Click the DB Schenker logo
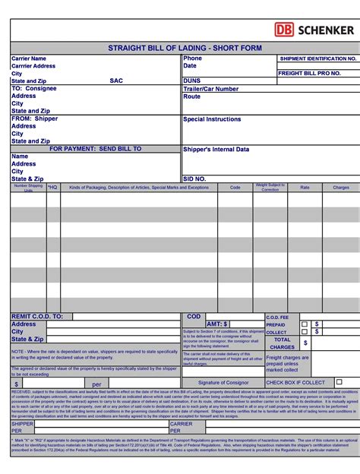pos(314,30)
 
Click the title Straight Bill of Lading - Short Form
pos(185,49)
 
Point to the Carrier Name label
pos(29,58)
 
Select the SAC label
pos(115,81)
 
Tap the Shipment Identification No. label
pos(317,58)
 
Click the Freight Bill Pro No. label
pos(309,73)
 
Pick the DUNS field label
pos(191,81)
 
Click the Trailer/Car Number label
pos(210,89)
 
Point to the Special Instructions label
pos(212,119)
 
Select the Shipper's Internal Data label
pos(216,150)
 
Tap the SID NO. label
pos(194,179)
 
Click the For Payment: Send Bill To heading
pos(96,149)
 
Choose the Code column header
pos(235,187)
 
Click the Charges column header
pos(341,187)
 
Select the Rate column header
pos(305,187)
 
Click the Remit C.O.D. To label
pos(37,316)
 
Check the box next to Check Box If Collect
pos(339,382)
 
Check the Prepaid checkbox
pos(304,324)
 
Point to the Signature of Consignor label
pos(223,382)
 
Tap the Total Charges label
pos(282,343)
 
